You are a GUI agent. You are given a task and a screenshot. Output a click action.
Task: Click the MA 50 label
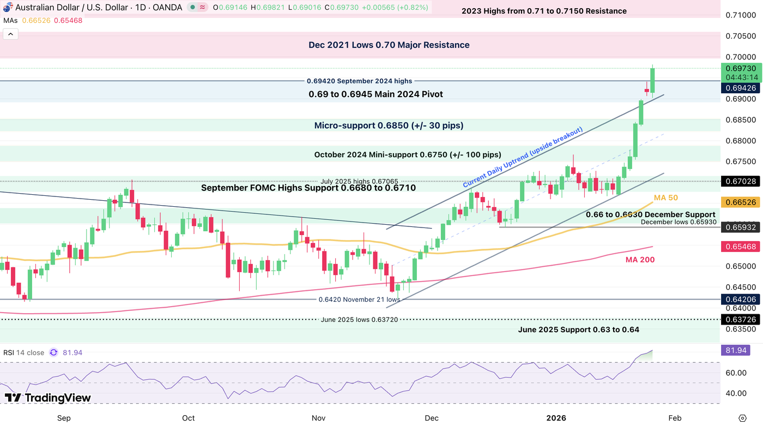pyautogui.click(x=666, y=197)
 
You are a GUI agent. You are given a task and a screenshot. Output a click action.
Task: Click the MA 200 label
pyautogui.click(x=640, y=260)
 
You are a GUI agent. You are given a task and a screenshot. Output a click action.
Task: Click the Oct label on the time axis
pyautogui.click(x=188, y=418)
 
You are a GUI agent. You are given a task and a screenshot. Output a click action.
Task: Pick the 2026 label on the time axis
pyautogui.click(x=556, y=418)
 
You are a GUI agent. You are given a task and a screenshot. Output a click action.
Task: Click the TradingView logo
pyautogui.click(x=47, y=398)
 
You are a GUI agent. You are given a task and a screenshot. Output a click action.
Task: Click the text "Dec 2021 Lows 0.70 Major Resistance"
pyautogui.click(x=389, y=45)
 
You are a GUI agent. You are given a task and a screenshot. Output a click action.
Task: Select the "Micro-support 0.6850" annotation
pyautogui.click(x=389, y=125)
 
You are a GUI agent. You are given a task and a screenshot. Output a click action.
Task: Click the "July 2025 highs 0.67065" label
pyautogui.click(x=359, y=181)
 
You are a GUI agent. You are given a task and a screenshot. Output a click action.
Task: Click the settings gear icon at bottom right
pyautogui.click(x=742, y=418)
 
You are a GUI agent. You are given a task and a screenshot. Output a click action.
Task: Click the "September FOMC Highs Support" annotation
pyautogui.click(x=308, y=188)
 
